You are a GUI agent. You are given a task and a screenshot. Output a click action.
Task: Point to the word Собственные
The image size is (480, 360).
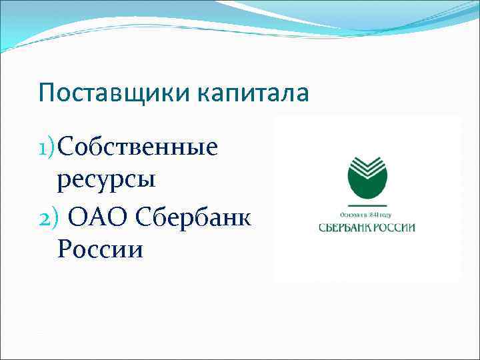137,147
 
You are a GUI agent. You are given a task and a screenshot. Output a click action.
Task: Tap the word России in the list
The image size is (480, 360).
100,249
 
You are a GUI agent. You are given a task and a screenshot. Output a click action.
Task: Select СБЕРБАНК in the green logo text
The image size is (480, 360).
347,227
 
